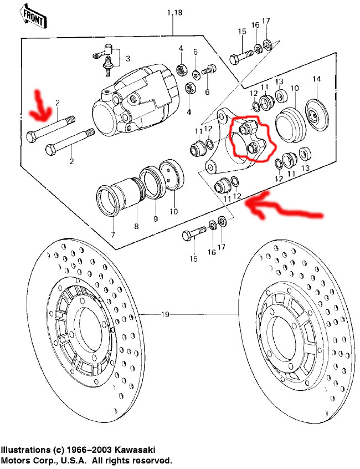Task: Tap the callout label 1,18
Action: (x=174, y=12)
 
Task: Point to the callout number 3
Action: (x=128, y=58)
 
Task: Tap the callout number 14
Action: (x=316, y=78)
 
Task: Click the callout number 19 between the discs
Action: (x=165, y=315)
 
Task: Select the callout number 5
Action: (x=195, y=52)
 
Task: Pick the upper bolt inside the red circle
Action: (x=245, y=128)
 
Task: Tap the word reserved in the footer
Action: (x=152, y=460)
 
